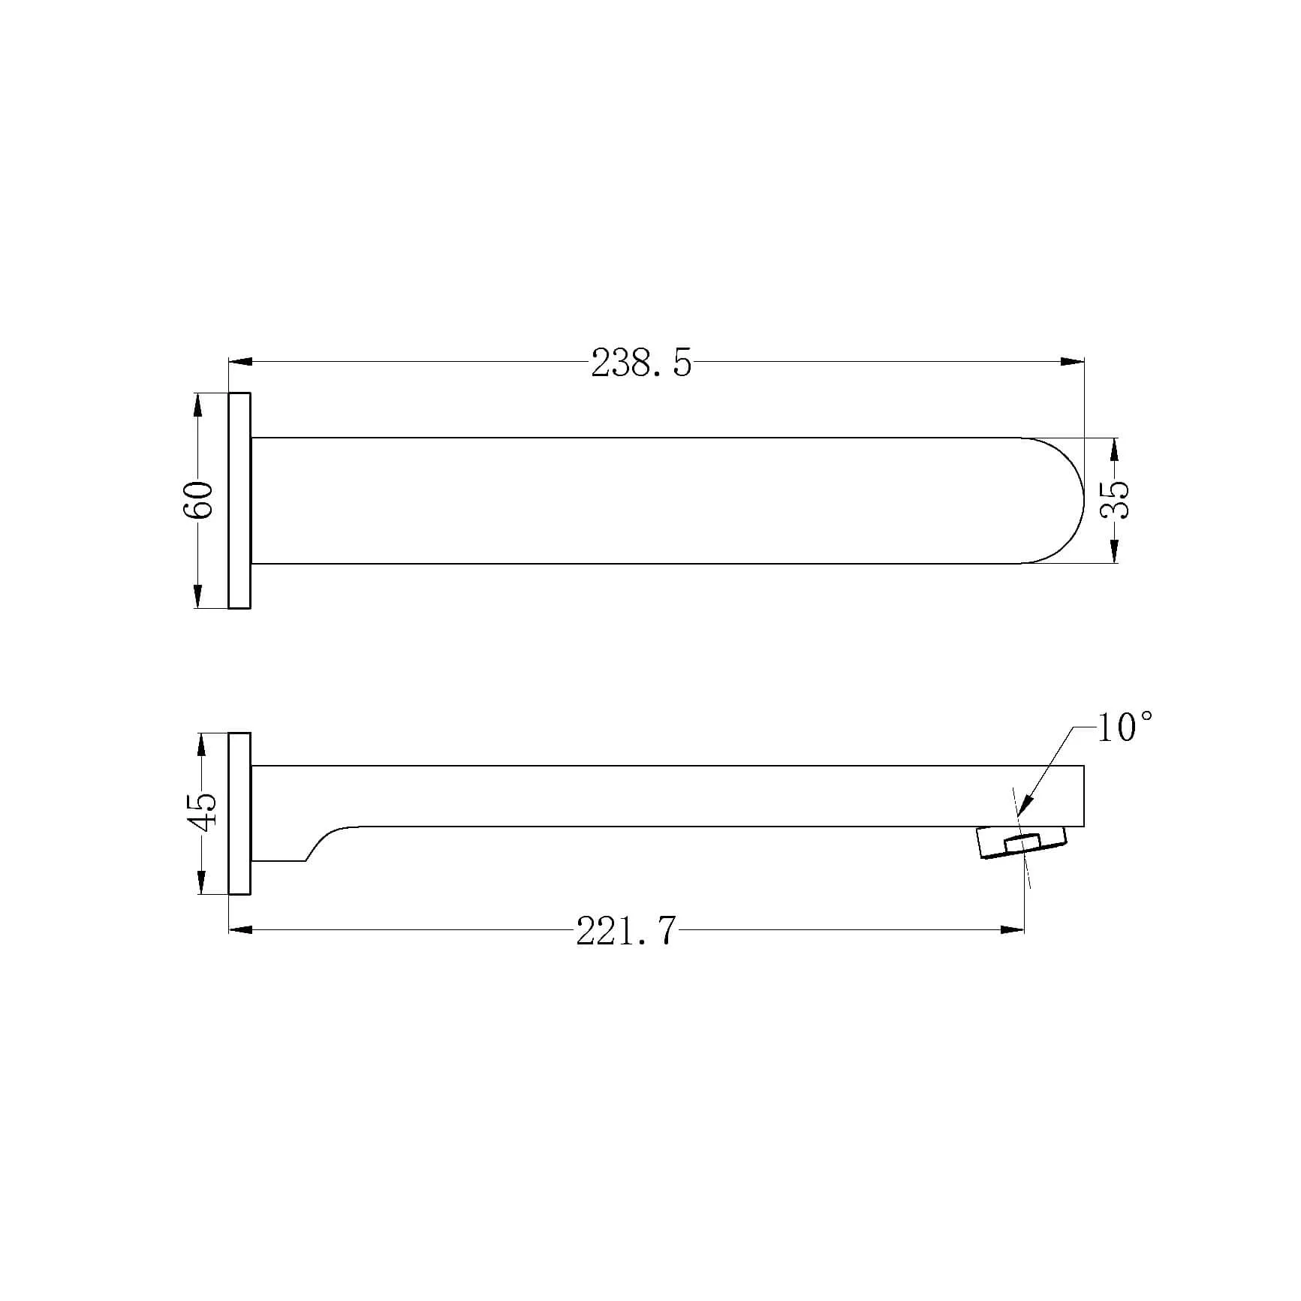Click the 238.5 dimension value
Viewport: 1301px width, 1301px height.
pyautogui.click(x=641, y=363)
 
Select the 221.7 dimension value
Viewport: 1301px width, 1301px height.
pyautogui.click(x=627, y=931)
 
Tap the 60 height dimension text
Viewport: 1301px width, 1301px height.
pyautogui.click(x=199, y=499)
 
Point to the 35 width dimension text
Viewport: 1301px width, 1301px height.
pyautogui.click(x=1115, y=499)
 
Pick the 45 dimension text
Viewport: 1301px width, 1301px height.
pyautogui.click(x=203, y=812)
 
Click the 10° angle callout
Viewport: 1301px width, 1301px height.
pyautogui.click(x=1125, y=727)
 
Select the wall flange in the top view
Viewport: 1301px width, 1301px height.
pyautogui.click(x=239, y=500)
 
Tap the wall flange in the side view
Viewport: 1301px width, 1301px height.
pyautogui.click(x=239, y=814)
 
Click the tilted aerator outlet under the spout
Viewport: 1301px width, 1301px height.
pyautogui.click(x=1022, y=843)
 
